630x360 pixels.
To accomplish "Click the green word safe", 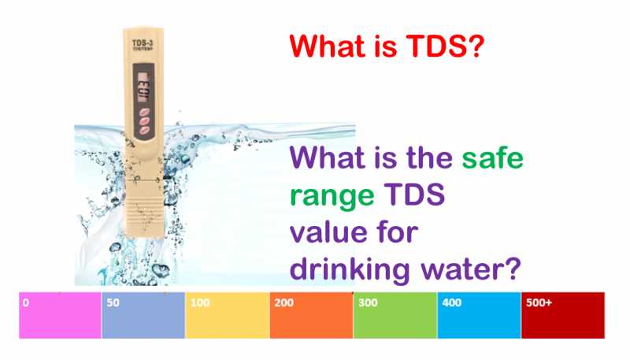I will (493, 161).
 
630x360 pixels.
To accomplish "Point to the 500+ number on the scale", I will (539, 302).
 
